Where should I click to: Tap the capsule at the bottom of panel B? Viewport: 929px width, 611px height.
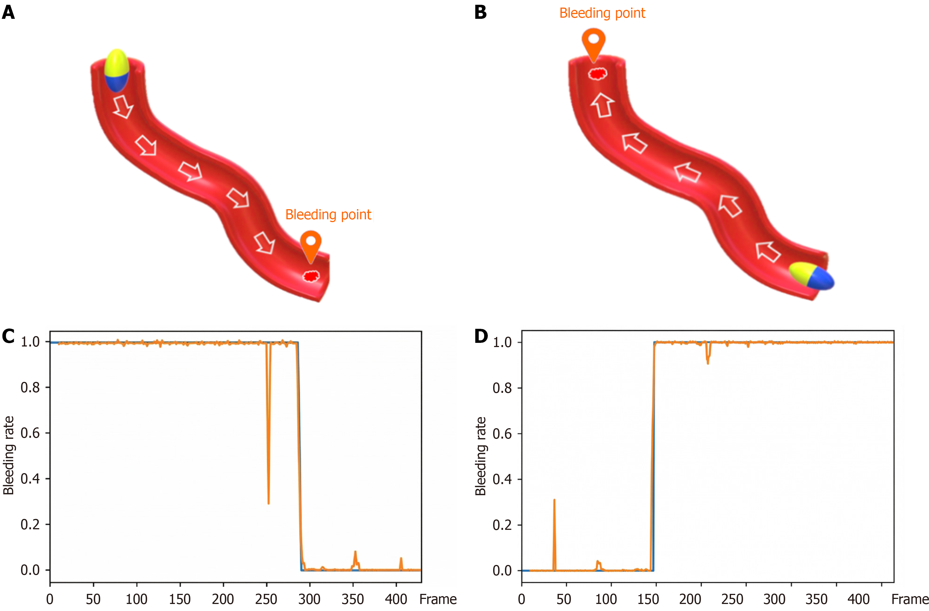[x=811, y=276]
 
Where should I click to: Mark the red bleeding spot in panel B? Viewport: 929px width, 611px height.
[x=598, y=73]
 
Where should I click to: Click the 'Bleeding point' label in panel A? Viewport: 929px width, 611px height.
[x=328, y=215]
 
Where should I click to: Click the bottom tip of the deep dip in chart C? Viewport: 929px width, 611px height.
[x=268, y=503]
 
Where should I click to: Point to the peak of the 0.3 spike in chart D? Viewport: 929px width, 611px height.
[x=554, y=500]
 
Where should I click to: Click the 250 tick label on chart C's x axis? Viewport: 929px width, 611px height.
[x=266, y=599]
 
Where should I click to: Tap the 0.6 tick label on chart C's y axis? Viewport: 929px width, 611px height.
[x=30, y=433]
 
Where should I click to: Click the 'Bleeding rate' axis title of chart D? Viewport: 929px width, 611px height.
[x=481, y=456]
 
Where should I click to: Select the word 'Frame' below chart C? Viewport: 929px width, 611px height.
[x=438, y=599]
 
